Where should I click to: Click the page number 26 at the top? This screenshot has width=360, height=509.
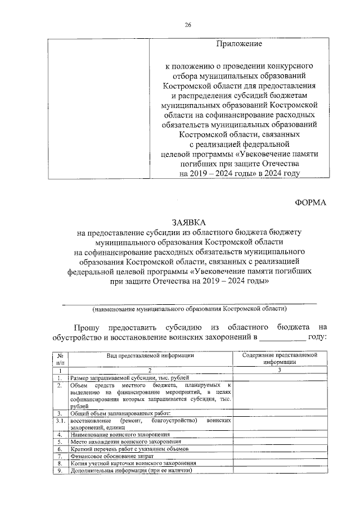click(x=188, y=24)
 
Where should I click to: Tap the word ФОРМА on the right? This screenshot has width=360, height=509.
click(x=310, y=202)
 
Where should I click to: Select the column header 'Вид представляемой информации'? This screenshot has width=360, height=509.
click(x=150, y=355)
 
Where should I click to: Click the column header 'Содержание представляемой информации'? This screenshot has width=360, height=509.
click(x=280, y=359)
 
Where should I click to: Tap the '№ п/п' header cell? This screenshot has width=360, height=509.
click(x=59, y=359)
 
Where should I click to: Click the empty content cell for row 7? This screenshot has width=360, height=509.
click(x=280, y=456)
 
